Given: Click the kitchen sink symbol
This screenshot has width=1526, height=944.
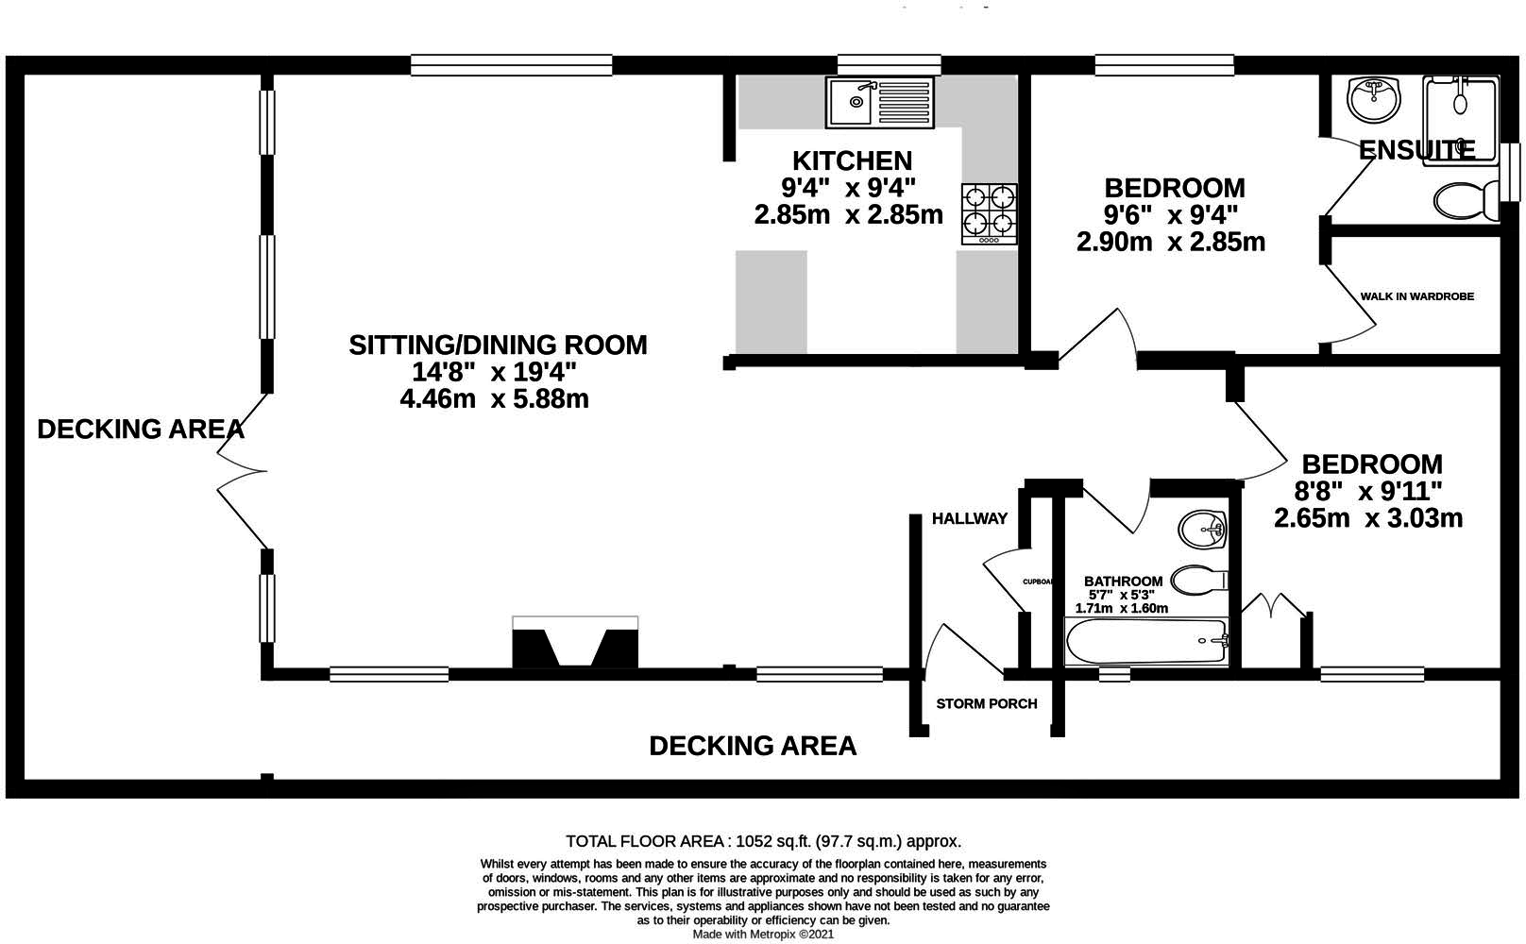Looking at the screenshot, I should [x=879, y=102].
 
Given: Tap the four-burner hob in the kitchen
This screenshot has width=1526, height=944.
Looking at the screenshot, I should [x=990, y=214].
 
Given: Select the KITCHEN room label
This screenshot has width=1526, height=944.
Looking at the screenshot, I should [x=852, y=160].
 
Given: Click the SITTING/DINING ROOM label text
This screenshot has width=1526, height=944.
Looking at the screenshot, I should [x=498, y=345].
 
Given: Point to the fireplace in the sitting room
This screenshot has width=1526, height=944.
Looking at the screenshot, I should [x=574, y=643].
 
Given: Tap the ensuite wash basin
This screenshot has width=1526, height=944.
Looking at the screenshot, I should [x=1374, y=99].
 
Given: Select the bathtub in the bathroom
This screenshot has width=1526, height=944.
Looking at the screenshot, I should [x=1145, y=643].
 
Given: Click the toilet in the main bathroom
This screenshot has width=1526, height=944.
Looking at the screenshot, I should [x=1197, y=579].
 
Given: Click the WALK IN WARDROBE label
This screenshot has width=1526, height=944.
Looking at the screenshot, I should [x=1416, y=296].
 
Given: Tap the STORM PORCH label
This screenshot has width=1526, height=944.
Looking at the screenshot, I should [x=986, y=703].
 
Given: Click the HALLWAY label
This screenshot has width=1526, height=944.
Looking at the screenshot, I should [x=969, y=518].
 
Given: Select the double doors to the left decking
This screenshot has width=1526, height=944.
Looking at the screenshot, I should [x=240, y=469].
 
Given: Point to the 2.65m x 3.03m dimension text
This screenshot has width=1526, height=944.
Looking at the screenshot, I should [x=1367, y=518].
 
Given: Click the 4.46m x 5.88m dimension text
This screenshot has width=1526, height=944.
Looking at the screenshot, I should [x=494, y=398].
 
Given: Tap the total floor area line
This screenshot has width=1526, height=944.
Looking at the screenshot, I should [x=762, y=841].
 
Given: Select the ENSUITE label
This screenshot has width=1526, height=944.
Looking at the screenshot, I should [x=1416, y=151].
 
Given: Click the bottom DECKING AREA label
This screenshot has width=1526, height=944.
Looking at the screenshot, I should [x=753, y=746].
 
